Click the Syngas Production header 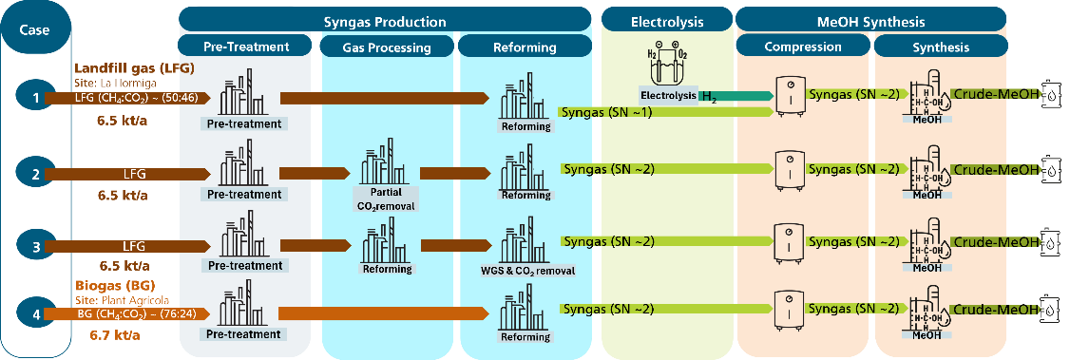[385, 21]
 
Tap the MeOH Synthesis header [870, 21]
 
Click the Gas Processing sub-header [386, 47]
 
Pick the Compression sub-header [802, 47]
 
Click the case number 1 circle [36, 98]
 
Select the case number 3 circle [36, 245]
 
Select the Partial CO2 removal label [385, 199]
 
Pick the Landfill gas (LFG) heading [134, 69]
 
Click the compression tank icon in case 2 [789, 169]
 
